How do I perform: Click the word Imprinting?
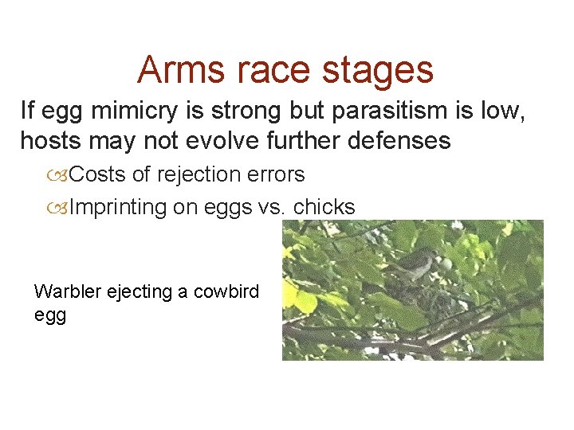118,207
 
